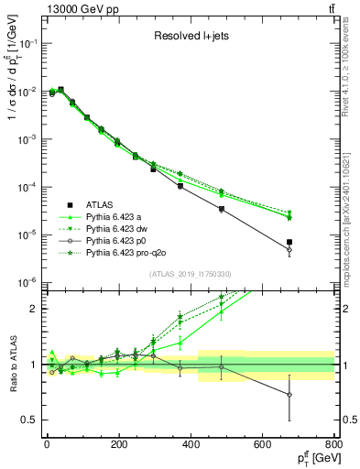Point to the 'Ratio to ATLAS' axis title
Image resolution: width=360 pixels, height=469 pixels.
10,364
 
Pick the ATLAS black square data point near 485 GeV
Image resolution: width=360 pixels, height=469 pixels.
222,209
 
